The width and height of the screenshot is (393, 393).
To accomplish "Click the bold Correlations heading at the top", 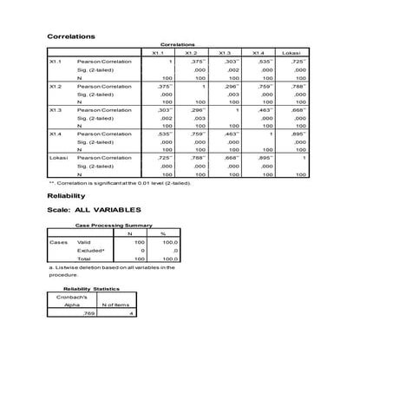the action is [70, 36].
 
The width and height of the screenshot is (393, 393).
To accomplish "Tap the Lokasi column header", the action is [292, 54].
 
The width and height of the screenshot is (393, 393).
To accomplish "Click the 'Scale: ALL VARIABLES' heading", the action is [92, 211].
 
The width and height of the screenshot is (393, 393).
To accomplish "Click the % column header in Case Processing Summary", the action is [162, 234].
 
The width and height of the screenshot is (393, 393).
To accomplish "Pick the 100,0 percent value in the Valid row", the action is [167, 242].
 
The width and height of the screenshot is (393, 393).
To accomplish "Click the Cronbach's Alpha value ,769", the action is [87, 314].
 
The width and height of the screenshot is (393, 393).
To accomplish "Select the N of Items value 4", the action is [131, 314].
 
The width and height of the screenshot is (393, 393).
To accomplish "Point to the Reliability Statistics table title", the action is [91, 289].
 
